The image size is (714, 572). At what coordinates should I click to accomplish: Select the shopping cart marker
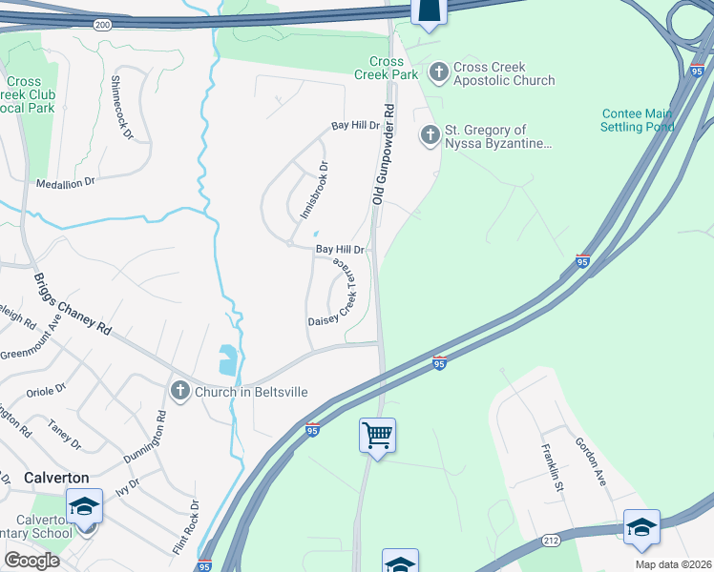click(377, 436)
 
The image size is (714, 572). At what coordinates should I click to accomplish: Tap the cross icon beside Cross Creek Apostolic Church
click(439, 72)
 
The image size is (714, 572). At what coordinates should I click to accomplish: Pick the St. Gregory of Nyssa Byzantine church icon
click(430, 136)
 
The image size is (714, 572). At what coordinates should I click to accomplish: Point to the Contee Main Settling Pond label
click(638, 120)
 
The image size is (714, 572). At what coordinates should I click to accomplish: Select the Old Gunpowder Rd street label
click(383, 153)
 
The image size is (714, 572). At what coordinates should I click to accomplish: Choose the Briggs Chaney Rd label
click(72, 304)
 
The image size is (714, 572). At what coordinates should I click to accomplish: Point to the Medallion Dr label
click(66, 182)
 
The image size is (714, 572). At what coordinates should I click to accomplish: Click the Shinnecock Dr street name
click(121, 107)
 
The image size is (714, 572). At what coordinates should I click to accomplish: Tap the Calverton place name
click(57, 478)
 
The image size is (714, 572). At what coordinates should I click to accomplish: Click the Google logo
click(31, 560)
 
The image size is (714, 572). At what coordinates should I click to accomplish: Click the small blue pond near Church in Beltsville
click(228, 360)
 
